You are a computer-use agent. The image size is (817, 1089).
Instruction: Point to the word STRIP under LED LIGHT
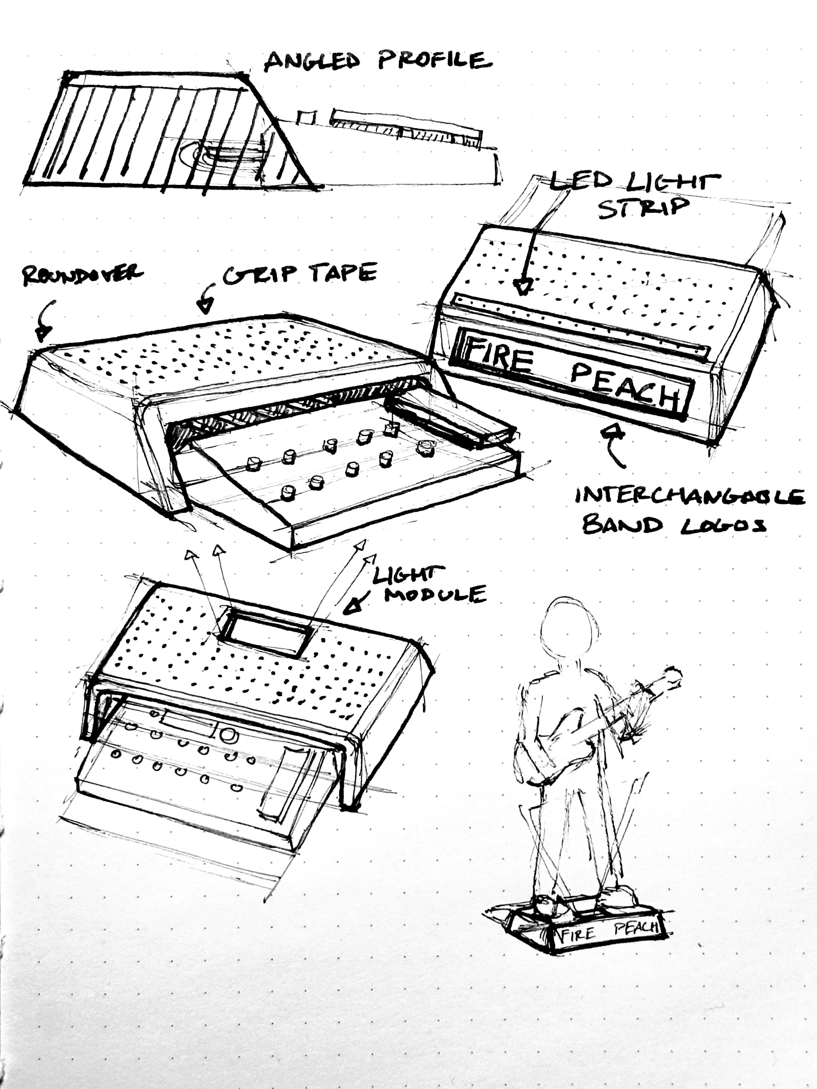pyautogui.click(x=641, y=208)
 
